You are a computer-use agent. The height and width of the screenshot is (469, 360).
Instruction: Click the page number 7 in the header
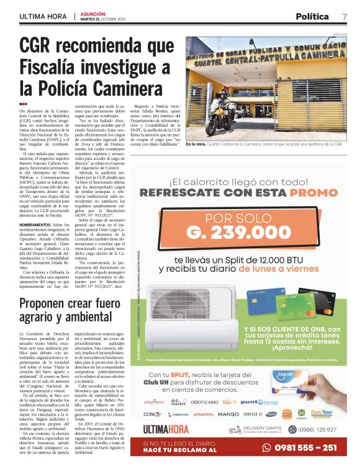point(344,16)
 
